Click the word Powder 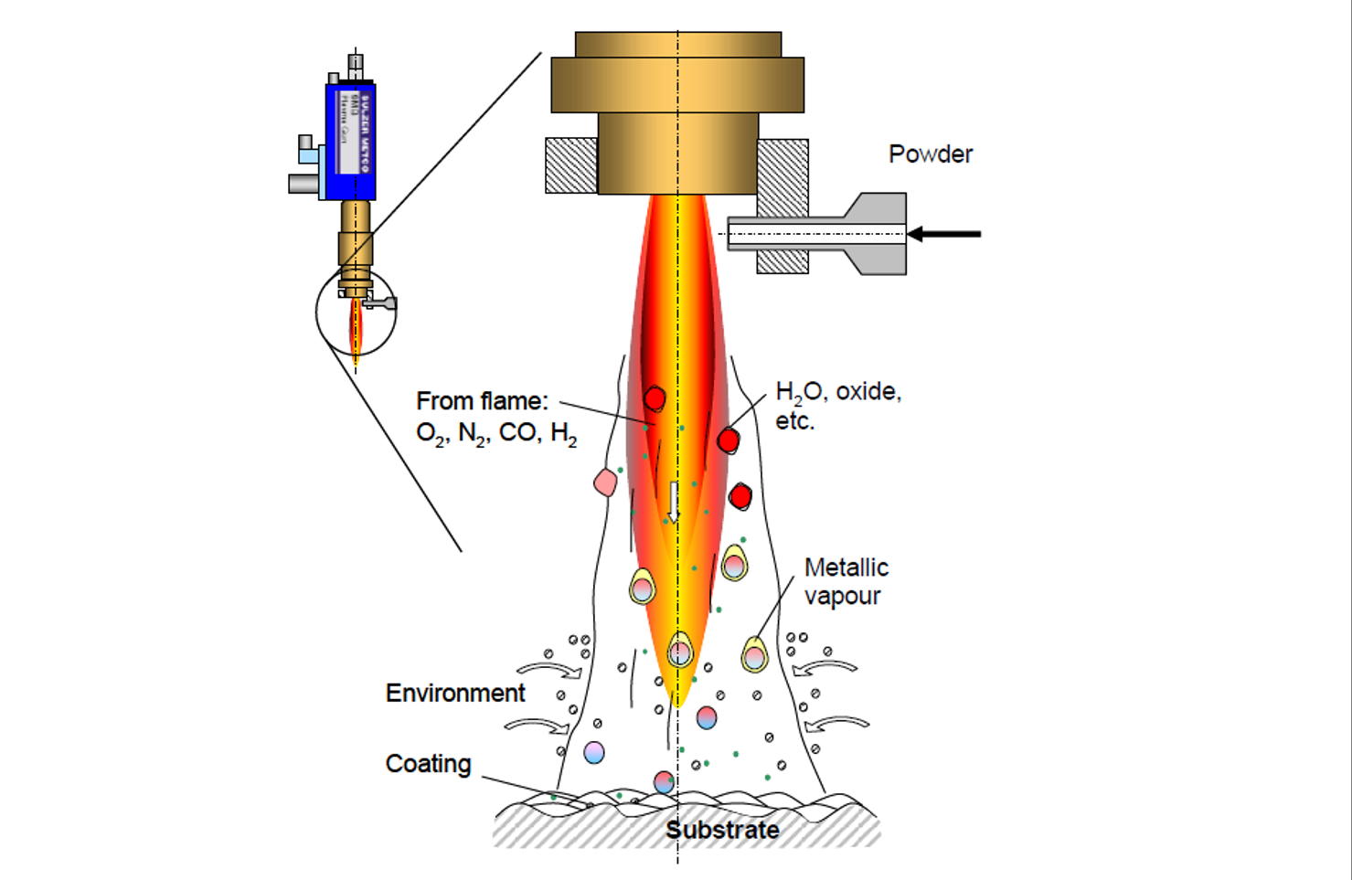[930, 154]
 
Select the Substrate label [722, 830]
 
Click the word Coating [428, 763]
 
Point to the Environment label [455, 693]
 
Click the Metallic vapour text [846, 581]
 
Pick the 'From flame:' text [482, 400]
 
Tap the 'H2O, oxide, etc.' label [837, 405]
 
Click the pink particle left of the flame [605, 482]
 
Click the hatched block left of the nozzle [571, 165]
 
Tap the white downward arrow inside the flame [674, 502]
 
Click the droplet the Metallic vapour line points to [754, 654]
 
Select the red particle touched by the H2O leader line [729, 440]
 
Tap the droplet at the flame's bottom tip [679, 652]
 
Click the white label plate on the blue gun [349, 133]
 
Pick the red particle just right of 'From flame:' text [655, 399]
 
